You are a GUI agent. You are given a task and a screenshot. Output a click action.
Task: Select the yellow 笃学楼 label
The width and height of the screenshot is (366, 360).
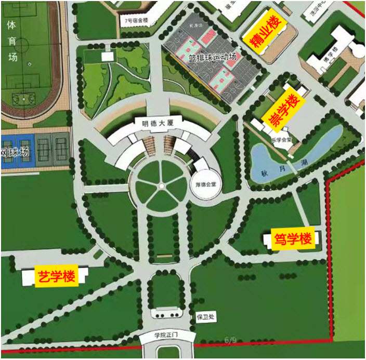click(293, 239)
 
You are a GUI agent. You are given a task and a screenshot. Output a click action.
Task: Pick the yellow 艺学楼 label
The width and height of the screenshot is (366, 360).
click(56, 277)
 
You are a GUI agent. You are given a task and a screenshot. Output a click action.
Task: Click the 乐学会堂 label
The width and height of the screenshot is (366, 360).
click(282, 140)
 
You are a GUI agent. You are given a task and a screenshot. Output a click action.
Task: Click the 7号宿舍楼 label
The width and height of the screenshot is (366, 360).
click(136, 21)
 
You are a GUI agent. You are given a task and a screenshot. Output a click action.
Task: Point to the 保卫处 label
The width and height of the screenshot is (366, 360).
click(201, 316)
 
